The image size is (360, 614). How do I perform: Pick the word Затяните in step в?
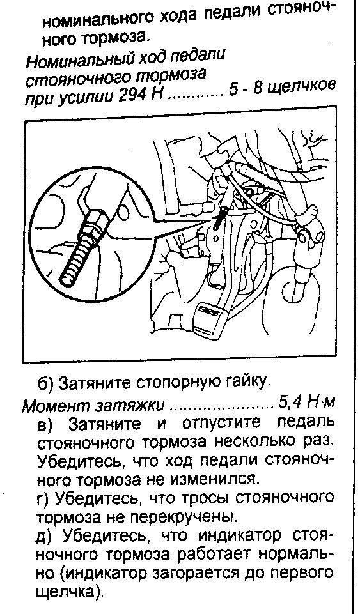105,424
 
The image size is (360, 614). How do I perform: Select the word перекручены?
183,517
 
